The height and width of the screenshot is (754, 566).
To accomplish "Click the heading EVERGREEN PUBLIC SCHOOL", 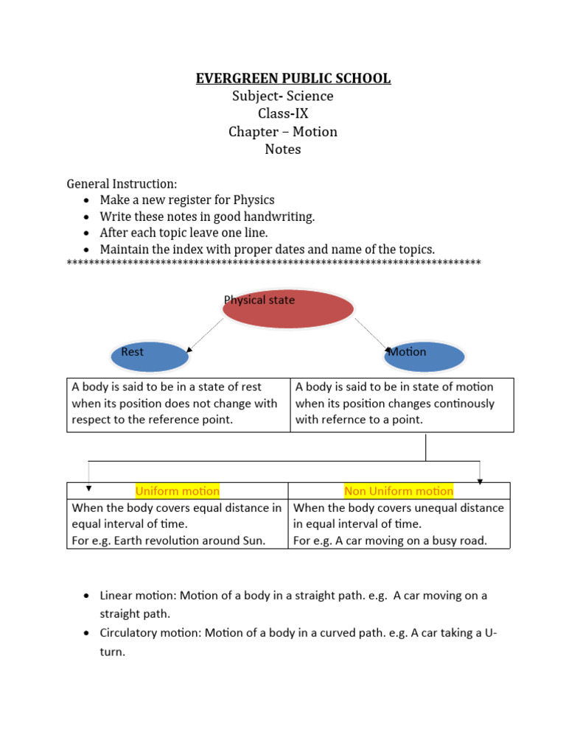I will coord(293,78).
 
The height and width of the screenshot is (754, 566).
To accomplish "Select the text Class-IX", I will coord(283,113).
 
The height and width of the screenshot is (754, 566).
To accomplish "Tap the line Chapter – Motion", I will coord(283,132).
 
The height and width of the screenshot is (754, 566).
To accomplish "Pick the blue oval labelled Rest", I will coord(150,356).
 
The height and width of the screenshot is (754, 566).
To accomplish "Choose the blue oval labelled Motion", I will coord(425,356).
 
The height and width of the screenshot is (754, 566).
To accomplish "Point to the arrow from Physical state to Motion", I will coord(372,333).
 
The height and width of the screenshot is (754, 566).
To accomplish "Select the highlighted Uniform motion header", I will coord(177,491).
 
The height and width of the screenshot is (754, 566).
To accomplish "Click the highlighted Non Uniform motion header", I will coord(399,491).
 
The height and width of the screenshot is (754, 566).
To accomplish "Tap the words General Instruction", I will coord(122,183).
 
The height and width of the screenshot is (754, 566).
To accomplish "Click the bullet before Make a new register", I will coord(87,200).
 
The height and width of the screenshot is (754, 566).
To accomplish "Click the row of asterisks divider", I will coord(273,263).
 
